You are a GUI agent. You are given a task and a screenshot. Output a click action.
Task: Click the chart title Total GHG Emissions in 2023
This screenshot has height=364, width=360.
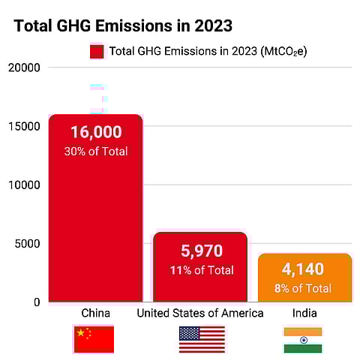tap(123, 26)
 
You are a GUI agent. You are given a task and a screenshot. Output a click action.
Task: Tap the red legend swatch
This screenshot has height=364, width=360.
tap(97, 52)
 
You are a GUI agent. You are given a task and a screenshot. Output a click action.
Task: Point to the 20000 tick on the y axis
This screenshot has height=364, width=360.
tap(25, 68)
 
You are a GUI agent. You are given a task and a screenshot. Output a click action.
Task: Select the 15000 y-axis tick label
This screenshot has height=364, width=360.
tap(25, 126)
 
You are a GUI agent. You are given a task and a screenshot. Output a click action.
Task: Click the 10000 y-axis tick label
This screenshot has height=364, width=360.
tap(25, 185)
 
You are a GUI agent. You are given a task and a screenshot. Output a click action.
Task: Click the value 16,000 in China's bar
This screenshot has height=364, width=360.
tap(95, 132)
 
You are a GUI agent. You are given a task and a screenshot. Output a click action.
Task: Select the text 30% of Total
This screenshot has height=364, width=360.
tap(95, 151)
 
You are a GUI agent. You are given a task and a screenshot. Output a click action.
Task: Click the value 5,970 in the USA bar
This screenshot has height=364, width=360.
tap(201, 251)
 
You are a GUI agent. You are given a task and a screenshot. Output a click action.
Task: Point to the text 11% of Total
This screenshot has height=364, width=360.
tap(201, 269)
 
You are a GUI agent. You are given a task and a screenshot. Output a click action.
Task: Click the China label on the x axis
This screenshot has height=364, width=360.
tap(95, 313)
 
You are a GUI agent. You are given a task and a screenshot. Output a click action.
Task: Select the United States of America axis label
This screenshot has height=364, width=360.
tap(200, 313)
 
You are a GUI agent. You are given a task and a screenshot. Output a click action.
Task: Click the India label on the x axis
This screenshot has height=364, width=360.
tap(303, 313)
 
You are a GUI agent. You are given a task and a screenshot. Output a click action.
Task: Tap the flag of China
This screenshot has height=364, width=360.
tap(94, 339)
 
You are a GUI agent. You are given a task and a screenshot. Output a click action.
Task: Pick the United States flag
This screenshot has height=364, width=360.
tap(201, 339)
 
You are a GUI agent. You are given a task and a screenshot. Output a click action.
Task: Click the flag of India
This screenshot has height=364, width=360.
tap(303, 339)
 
